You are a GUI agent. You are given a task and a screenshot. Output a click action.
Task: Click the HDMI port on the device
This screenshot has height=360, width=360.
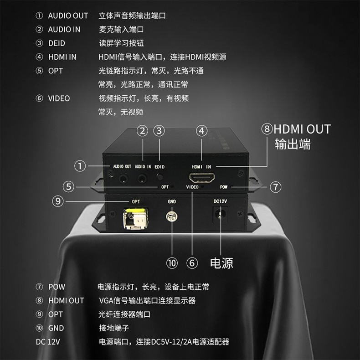[202, 178]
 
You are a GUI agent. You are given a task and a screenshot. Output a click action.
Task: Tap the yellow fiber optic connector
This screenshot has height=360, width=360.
[135, 218]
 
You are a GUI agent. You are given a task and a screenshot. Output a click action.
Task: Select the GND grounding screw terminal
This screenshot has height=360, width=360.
[172, 216]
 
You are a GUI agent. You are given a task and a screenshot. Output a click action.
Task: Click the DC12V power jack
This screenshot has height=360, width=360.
[221, 215]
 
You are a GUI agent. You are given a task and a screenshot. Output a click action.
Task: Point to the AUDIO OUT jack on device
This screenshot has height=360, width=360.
[123, 178]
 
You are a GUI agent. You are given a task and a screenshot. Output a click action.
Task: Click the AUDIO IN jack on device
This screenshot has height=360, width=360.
[142, 178]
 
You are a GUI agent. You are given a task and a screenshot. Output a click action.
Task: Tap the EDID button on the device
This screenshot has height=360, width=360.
[159, 177]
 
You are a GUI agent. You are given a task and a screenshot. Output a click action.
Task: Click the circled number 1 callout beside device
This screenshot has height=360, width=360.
[80, 166]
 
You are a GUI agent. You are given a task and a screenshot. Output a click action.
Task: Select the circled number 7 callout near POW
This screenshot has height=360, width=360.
[276, 187]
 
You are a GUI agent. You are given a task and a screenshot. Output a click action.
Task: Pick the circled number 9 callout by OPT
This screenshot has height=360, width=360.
[58, 201]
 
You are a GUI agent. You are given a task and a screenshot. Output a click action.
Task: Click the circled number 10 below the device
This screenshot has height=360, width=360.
[172, 263]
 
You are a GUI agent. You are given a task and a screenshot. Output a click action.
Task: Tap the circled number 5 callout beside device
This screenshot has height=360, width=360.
[68, 187]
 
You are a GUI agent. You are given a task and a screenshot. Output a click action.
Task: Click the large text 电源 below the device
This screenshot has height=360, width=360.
[221, 263]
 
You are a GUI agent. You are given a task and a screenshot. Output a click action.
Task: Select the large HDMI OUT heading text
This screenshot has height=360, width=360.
[302, 129]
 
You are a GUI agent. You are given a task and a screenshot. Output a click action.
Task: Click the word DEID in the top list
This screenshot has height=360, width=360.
[57, 43]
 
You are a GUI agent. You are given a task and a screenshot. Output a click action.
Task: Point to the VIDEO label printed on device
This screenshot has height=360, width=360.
[192, 187]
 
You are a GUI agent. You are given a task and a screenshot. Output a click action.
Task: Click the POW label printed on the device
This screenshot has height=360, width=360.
[224, 187]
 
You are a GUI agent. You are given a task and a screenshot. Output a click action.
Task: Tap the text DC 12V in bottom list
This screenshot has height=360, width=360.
[48, 342]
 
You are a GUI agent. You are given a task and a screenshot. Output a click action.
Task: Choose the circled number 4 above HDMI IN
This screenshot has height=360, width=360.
[202, 131]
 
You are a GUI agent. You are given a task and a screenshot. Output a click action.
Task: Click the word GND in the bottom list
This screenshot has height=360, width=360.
[56, 328]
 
